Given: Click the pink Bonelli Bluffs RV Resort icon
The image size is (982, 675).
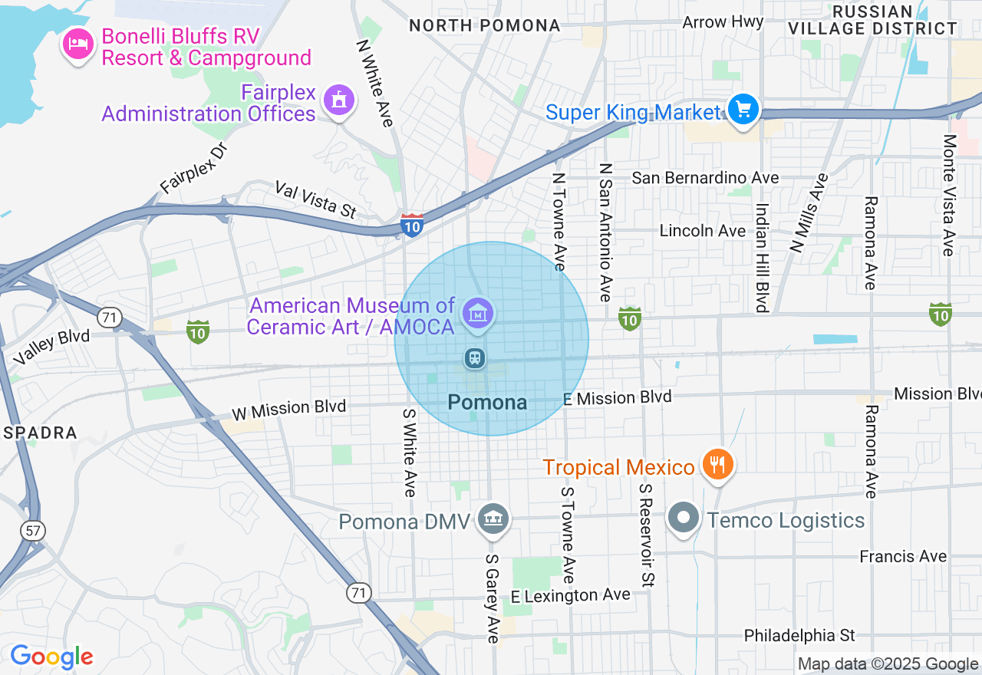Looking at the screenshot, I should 77,44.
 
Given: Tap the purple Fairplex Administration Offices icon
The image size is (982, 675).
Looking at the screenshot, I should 338,100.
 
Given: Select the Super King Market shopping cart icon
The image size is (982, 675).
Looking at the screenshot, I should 742,110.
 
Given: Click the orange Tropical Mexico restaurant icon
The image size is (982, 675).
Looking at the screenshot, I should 717,464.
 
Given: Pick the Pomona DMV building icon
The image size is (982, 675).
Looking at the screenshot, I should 493,519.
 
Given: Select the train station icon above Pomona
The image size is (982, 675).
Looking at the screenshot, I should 475,357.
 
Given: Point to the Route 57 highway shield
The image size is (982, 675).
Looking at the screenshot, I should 33,531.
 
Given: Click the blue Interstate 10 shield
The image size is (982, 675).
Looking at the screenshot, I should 412,225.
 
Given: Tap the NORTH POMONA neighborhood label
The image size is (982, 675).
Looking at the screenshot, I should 484,25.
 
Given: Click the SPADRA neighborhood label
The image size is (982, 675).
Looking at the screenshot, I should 40,433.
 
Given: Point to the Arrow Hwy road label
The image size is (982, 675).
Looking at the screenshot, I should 723,21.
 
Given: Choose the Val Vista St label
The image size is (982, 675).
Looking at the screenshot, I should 316,199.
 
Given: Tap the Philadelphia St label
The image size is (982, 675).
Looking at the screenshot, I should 799,635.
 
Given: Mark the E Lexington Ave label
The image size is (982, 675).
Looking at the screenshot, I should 571,595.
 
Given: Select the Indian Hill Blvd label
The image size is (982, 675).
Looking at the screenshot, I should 762,258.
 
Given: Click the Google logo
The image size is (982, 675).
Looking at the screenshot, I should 51,657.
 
